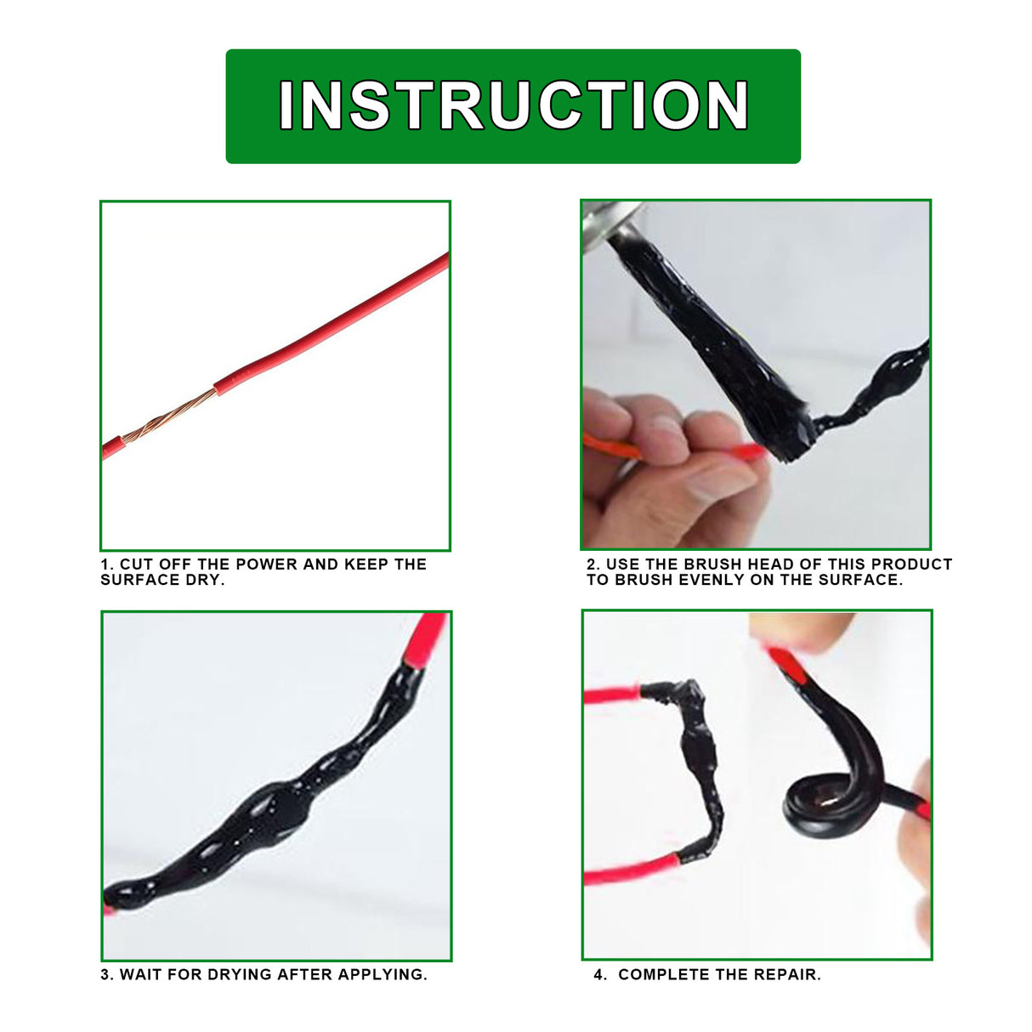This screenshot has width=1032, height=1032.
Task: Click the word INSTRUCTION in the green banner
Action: [513, 105]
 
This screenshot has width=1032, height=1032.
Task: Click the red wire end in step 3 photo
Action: [427, 638]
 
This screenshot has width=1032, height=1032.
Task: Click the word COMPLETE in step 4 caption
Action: [659, 975]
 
